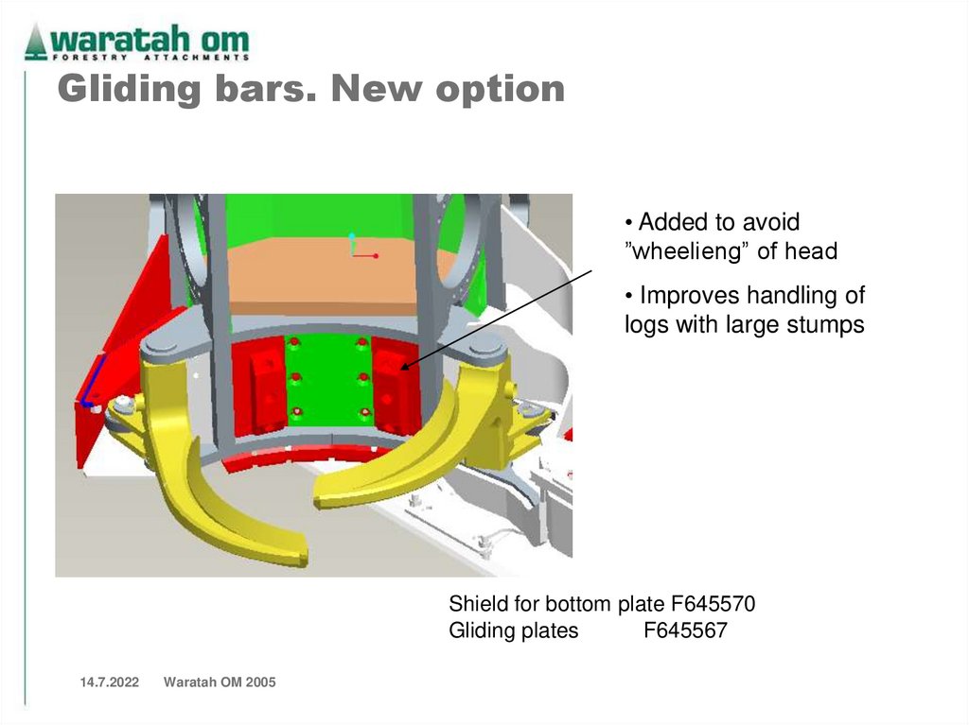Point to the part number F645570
click(x=701, y=604)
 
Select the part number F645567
click(x=685, y=630)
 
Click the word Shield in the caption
click(x=477, y=604)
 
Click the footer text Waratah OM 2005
click(x=220, y=682)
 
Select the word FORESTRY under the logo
click(x=84, y=57)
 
